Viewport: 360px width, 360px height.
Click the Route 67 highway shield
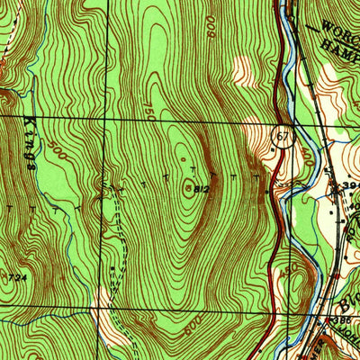(282, 134)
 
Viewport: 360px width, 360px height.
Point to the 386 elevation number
(340, 319)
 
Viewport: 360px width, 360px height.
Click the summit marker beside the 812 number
(187, 189)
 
